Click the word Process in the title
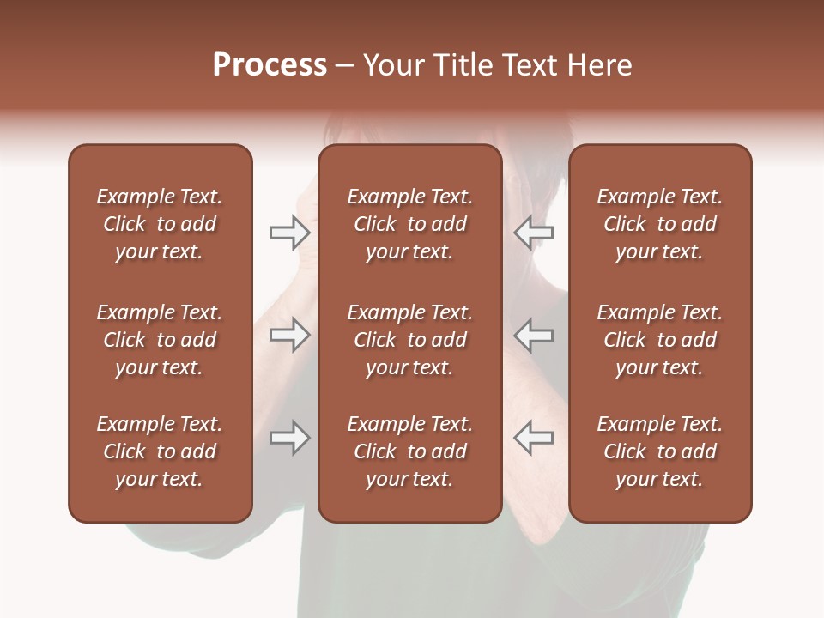pos(270,65)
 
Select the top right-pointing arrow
pos(289,233)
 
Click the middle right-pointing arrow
pos(289,335)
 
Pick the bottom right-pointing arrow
pos(289,438)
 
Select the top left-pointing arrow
pos(534,233)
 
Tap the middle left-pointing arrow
pos(534,335)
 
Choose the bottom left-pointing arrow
pos(534,438)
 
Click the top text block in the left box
pos(160,224)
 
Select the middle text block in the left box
pos(160,340)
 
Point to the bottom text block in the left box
pos(160,451)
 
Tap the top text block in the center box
pos(410,224)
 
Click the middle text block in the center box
pos(410,340)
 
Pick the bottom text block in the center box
pos(410,451)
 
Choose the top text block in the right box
pos(660,224)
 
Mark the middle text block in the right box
pos(660,340)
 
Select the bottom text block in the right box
pos(660,451)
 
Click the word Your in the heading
pos(394,65)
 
